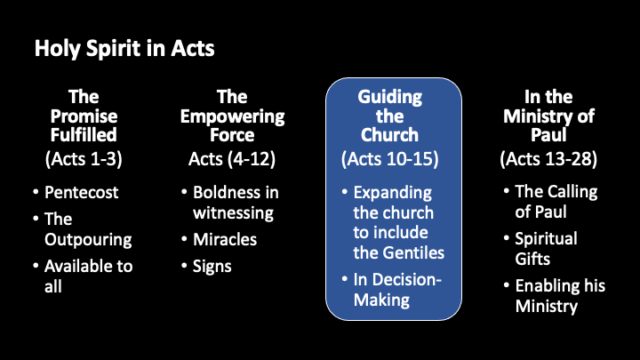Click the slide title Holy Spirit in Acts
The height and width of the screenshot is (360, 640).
pos(124,49)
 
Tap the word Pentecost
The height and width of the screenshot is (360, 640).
pos(81,192)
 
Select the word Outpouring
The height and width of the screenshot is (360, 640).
pos(88,240)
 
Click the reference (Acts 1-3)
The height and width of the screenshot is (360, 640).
pos(84,159)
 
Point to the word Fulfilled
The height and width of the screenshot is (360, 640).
pos(84,135)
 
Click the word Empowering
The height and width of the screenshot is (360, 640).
pos(232,117)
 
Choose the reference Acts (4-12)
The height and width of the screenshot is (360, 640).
pos(232,159)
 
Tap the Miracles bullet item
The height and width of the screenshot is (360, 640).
pos(225,240)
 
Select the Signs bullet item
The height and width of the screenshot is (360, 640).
pos(212,267)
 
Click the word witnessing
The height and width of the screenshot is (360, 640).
pos(233,213)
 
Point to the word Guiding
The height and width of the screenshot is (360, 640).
pos(390,98)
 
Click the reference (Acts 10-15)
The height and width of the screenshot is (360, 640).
pos(390,159)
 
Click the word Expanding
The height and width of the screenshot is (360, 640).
pos(392,193)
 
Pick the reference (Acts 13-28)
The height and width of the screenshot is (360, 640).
pos(548,159)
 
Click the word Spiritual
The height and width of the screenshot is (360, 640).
pos(546,239)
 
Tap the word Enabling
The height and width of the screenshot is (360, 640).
pos(542,286)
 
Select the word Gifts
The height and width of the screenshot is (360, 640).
pos(532,259)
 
